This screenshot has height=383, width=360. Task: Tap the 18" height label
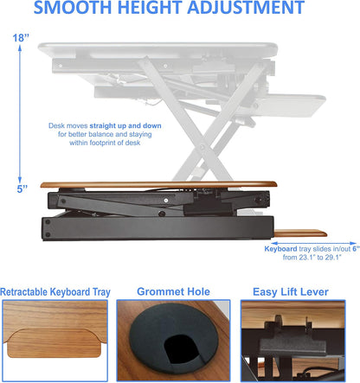point(19,38)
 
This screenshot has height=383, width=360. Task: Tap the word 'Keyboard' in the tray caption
point(284,248)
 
